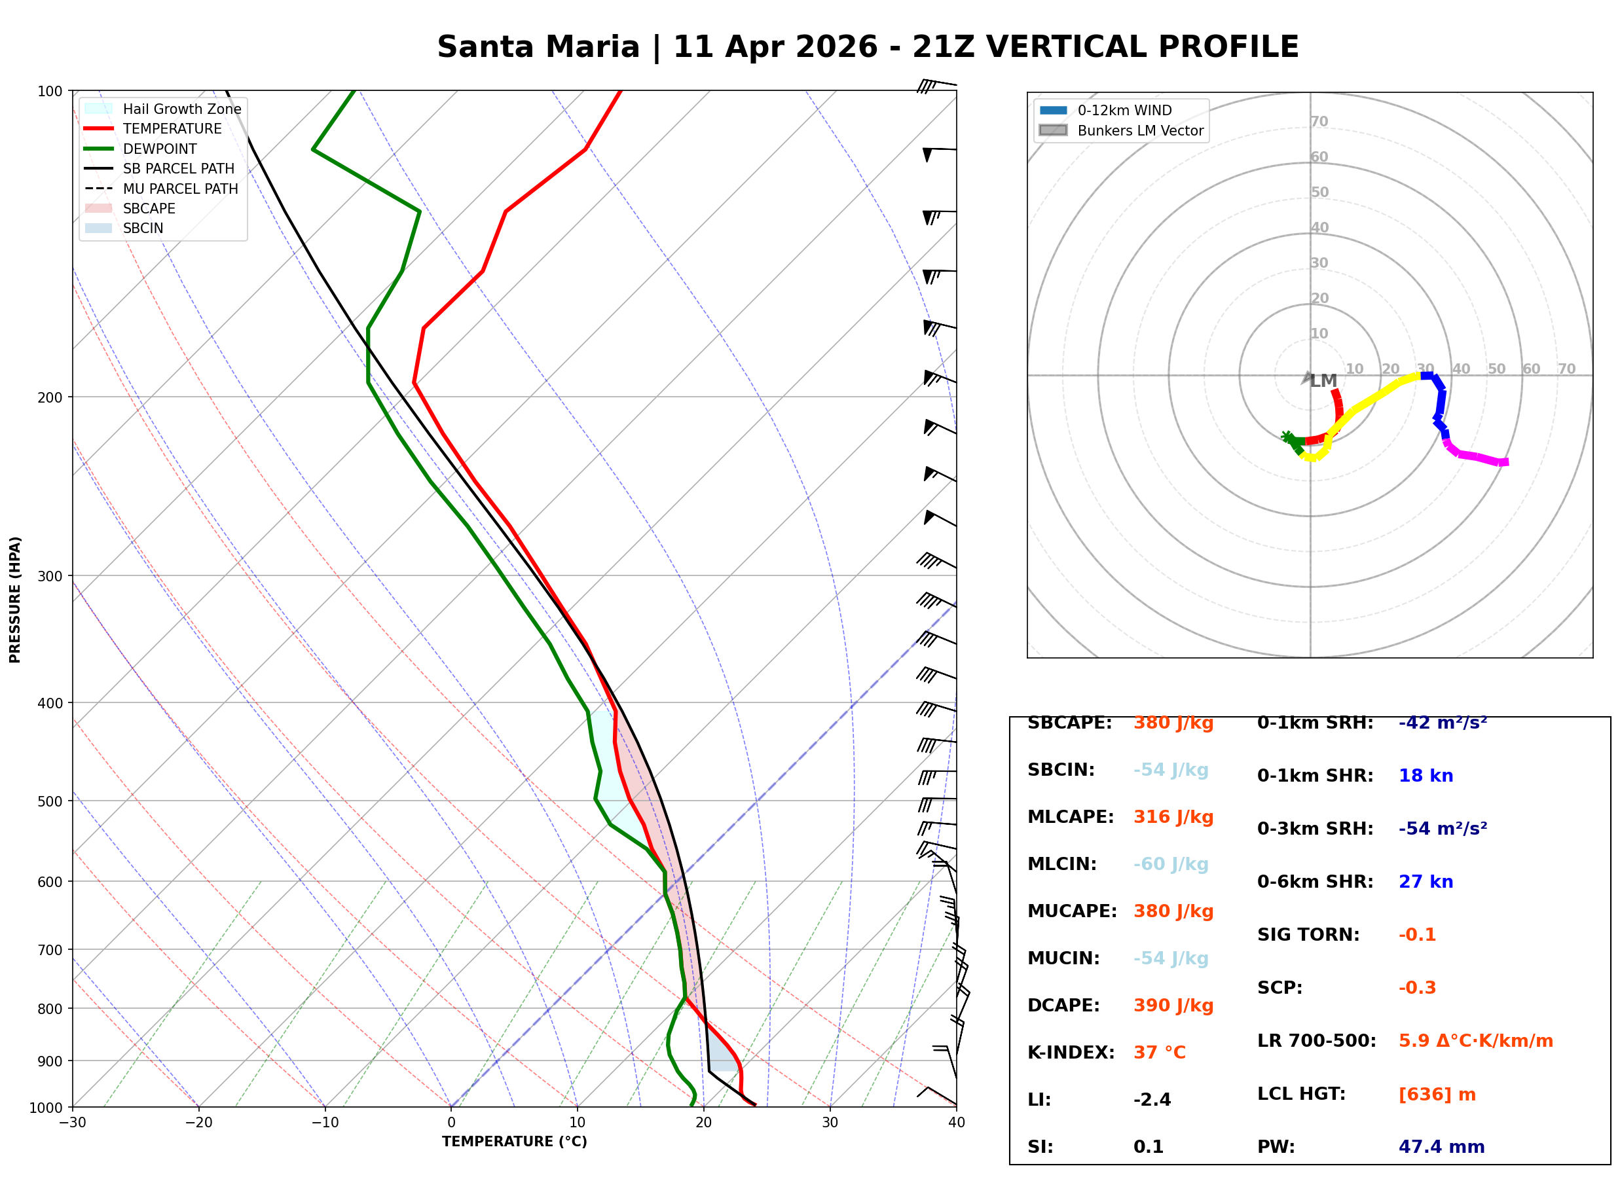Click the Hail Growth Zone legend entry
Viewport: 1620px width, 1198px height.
tap(181, 109)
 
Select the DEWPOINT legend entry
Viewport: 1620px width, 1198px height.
tap(160, 149)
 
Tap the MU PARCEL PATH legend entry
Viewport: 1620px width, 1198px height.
tap(180, 189)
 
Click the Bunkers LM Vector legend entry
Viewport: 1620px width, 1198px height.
tap(1139, 130)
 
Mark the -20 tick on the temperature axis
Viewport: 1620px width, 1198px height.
tap(198, 1123)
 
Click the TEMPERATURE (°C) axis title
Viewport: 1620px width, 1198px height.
tap(514, 1142)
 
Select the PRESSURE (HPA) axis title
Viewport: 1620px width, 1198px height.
tap(15, 599)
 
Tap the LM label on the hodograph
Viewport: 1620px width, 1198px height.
tap(1323, 381)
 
